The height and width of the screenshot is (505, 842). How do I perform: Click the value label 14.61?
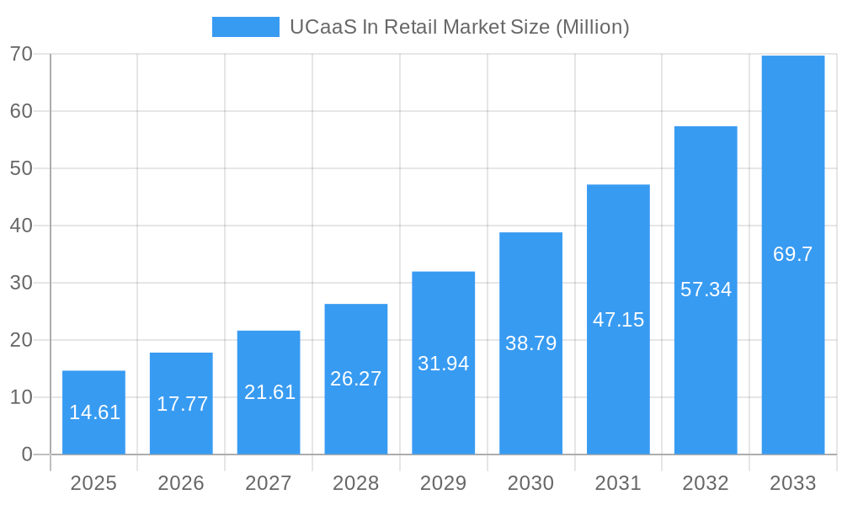(94, 412)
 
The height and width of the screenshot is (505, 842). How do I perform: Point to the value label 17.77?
(182, 404)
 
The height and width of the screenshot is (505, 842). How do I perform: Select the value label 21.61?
(269, 392)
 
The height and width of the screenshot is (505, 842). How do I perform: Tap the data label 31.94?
(444, 364)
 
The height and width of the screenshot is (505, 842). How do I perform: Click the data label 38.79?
(530, 343)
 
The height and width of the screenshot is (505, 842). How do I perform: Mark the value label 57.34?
(706, 290)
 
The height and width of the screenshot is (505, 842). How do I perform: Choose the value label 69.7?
(793, 254)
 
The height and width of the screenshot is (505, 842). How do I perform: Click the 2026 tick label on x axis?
(181, 483)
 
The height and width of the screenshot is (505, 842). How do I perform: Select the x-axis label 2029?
(444, 483)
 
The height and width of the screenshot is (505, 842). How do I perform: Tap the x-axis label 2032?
(706, 483)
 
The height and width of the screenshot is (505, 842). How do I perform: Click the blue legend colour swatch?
(245, 27)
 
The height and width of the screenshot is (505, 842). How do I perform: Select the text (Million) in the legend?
(592, 27)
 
